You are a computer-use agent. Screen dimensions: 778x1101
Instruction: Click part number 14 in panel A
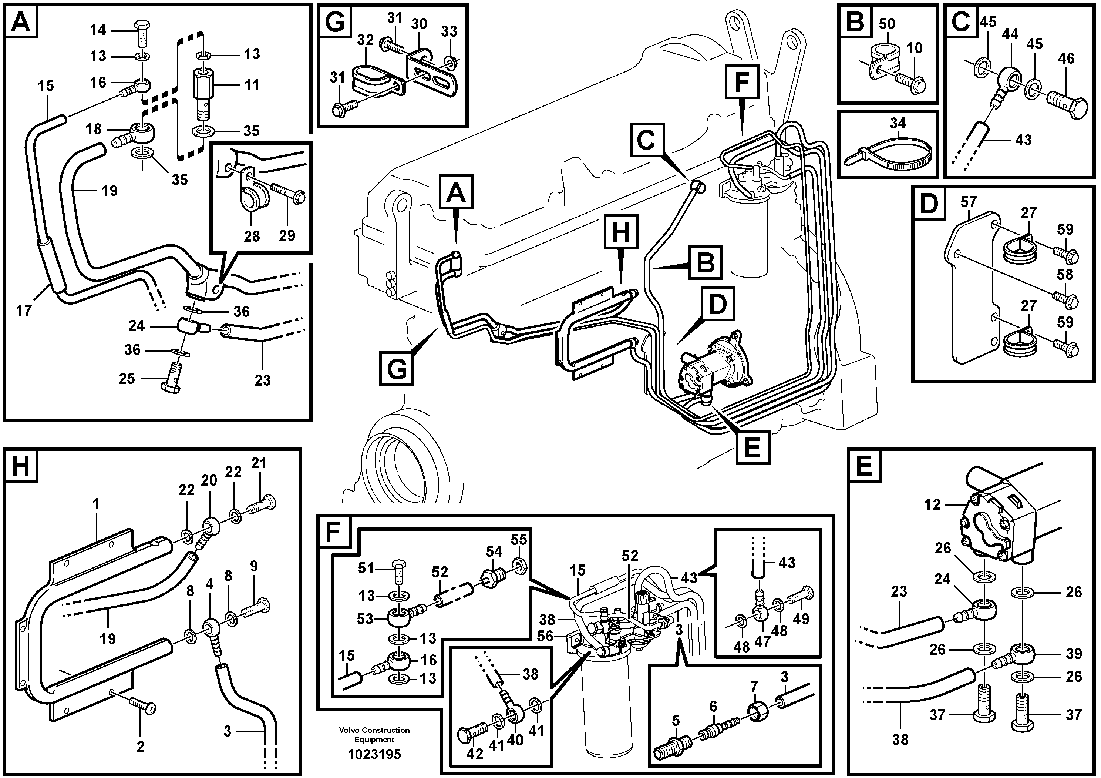click(x=98, y=30)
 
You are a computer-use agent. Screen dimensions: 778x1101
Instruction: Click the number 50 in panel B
click(x=887, y=24)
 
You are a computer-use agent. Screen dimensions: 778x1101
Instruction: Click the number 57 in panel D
click(x=968, y=202)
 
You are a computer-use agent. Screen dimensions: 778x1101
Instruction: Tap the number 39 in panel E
click(x=1074, y=654)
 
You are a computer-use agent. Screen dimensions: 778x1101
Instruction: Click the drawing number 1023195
click(x=374, y=754)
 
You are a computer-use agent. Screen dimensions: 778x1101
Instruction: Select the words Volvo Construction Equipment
click(x=374, y=735)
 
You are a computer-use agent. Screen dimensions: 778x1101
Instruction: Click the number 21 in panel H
click(x=259, y=463)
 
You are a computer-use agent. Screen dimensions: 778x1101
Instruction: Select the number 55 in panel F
click(x=519, y=540)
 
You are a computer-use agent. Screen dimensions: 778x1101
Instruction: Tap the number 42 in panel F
click(x=474, y=754)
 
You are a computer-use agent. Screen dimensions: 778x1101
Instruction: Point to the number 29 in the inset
click(x=287, y=235)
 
